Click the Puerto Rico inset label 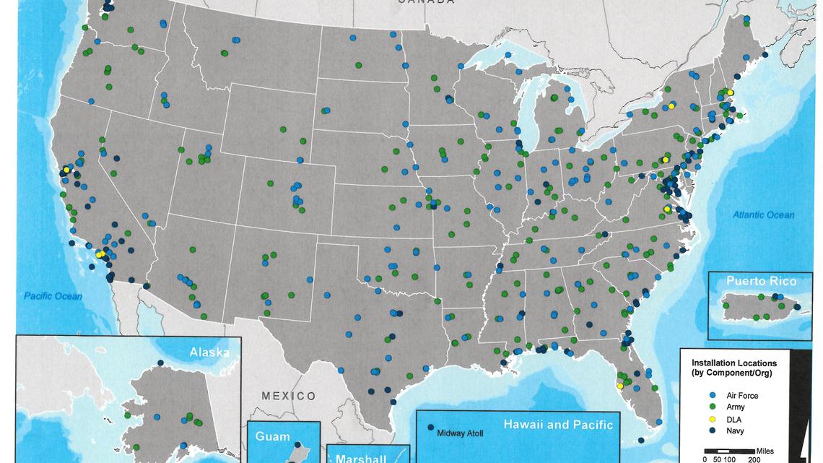752,282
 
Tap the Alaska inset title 209,352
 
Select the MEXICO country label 289,396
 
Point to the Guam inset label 272,437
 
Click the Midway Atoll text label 461,433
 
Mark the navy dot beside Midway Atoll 431,428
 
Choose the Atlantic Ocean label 764,215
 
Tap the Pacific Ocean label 53,296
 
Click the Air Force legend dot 713,396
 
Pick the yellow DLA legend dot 713,420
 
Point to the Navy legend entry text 735,431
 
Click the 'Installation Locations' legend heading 733,363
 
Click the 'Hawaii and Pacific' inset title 558,425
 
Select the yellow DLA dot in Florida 619,386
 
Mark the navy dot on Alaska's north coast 160,363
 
